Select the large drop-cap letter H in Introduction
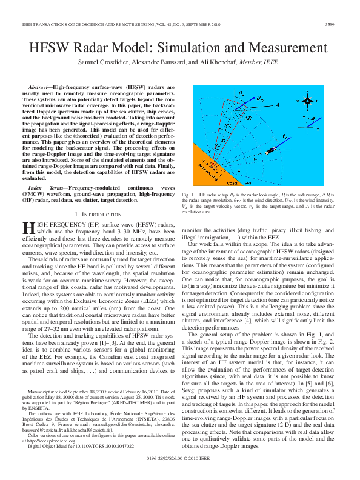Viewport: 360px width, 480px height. (28, 227)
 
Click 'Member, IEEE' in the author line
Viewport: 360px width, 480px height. (257, 62)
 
